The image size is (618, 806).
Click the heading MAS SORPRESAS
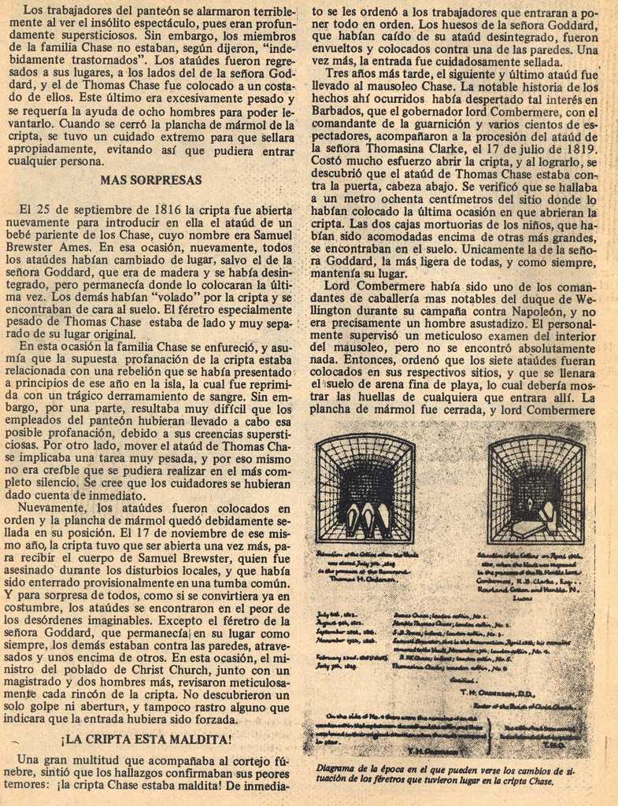(151, 180)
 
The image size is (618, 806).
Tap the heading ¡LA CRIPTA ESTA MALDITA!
(147, 739)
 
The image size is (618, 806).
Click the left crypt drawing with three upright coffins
(365, 489)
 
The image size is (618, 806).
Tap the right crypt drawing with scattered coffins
(535, 490)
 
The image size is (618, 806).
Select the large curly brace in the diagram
(492, 735)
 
